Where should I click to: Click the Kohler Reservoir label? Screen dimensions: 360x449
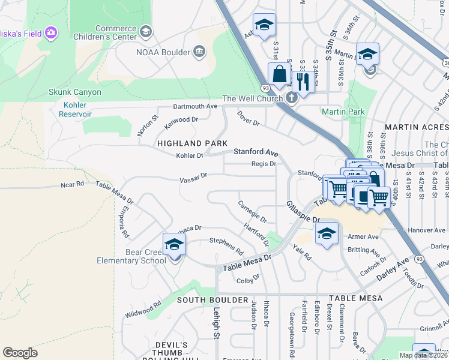[x=75, y=109]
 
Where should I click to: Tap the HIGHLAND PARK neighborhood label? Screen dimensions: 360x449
[x=192, y=143]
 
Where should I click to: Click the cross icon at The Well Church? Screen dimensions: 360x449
[x=291, y=98]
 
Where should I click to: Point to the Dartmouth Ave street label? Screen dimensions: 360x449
[x=195, y=106]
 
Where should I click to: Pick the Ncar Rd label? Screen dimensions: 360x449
[x=73, y=185]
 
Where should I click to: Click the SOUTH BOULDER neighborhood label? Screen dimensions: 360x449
[x=204, y=299]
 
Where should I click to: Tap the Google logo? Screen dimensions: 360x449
[x=20, y=352]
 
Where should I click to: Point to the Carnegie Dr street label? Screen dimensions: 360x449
[x=252, y=212]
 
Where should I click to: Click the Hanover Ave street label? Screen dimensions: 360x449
[x=426, y=230]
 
